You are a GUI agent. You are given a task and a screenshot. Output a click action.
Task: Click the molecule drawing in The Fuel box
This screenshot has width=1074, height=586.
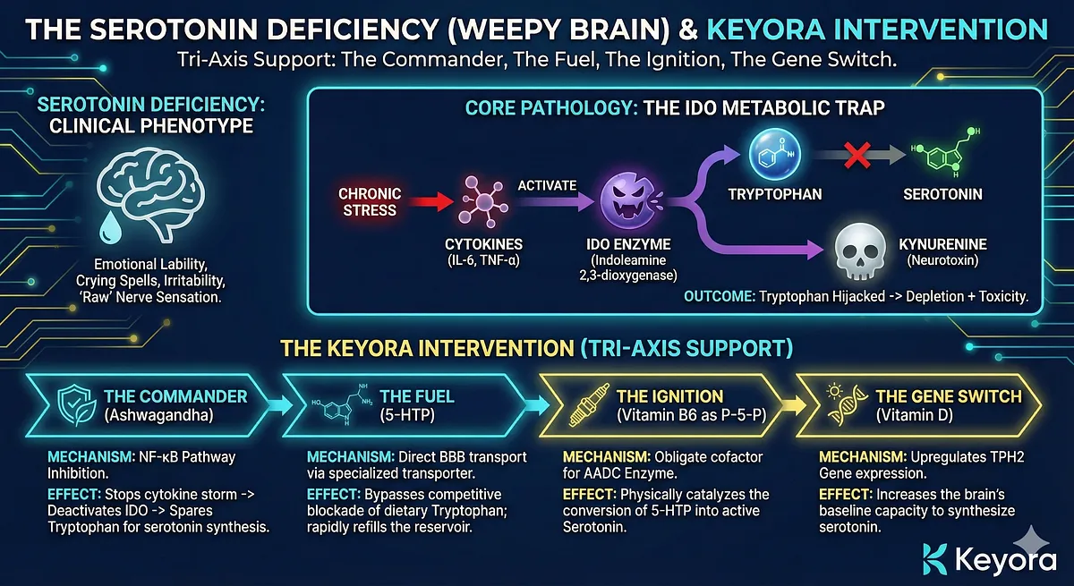(x=341, y=404)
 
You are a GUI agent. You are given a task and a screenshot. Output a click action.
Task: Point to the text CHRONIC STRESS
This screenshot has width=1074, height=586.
(x=370, y=202)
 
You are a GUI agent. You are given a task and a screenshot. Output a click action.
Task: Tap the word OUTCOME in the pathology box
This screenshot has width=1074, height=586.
(x=717, y=296)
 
